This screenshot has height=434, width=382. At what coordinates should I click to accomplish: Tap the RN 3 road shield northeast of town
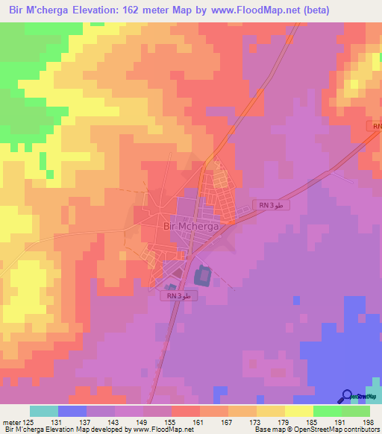pos(270,205)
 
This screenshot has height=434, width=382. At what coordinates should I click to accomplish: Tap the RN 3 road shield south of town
pos(179,295)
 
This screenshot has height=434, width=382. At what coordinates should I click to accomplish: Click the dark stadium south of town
pos(202,277)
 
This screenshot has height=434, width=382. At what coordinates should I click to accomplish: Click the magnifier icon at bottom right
pos(347,396)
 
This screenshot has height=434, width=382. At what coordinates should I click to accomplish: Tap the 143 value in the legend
pos(115,422)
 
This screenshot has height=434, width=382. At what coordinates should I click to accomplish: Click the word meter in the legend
pos(10,422)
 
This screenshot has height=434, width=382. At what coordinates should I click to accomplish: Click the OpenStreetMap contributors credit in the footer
pos(336,430)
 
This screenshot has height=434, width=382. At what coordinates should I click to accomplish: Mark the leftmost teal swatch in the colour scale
pos(43,411)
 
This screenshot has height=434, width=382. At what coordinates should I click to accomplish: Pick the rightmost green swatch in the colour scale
pos(355,411)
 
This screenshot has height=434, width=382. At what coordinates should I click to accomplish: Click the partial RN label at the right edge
pos(376,127)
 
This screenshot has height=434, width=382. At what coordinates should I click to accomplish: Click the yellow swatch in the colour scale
pos(298,411)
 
